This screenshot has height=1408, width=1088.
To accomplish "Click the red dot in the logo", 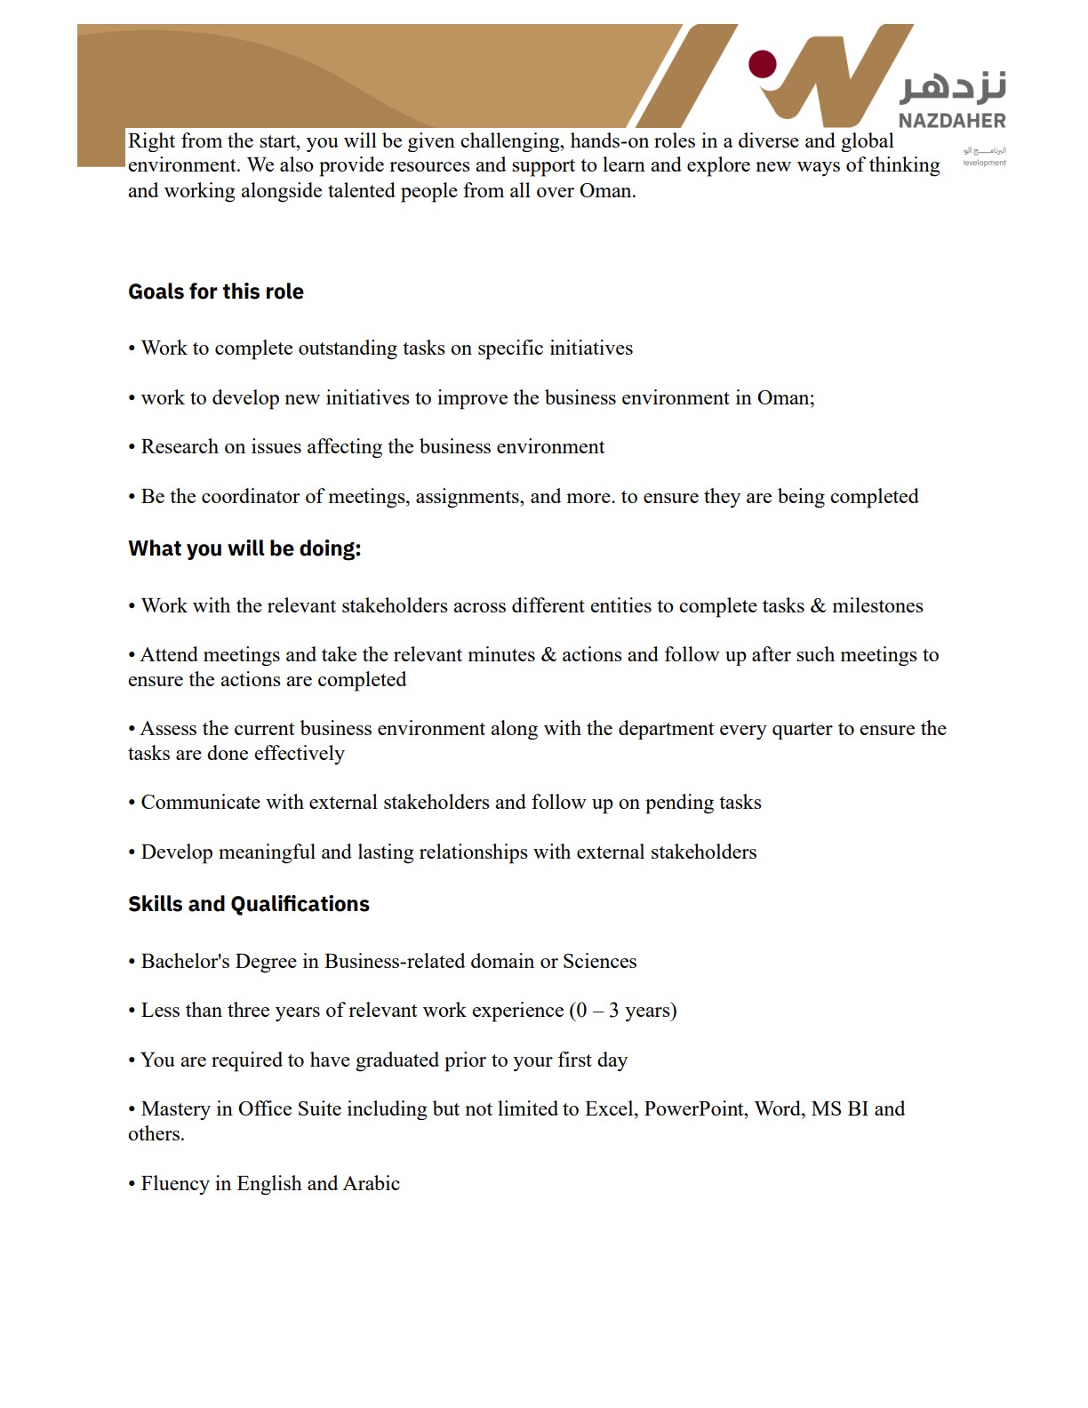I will coord(763,64).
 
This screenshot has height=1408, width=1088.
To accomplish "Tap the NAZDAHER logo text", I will coord(952,121).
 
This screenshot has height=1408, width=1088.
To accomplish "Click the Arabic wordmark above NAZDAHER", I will coord(954,86).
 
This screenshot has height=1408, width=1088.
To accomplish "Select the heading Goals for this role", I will coord(216,292).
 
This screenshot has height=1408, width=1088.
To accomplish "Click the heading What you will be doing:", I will coord(244,548).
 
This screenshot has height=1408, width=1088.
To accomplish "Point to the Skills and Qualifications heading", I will coord(249,904).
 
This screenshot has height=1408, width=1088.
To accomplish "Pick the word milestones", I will coord(877,605).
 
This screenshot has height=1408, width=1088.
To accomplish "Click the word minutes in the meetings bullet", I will coord(492,654).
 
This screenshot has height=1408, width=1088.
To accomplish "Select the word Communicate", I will coord(200,802).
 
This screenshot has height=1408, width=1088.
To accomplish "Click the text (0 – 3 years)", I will coord(623,1010).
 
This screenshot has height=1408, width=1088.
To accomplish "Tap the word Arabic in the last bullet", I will coord(372,1183).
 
